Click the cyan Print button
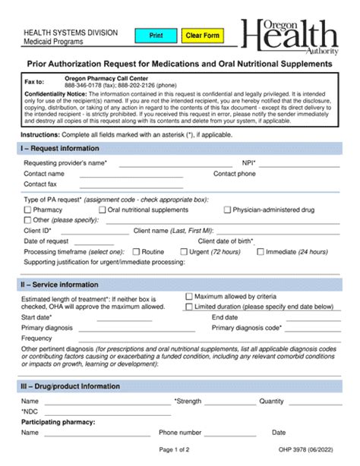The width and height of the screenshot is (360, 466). [x=155, y=36]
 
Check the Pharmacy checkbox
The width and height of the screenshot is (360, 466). [x=28, y=209]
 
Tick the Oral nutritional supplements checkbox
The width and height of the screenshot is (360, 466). [x=102, y=209]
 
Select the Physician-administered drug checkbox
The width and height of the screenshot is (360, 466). [x=227, y=209]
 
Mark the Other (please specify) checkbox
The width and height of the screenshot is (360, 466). [x=28, y=220]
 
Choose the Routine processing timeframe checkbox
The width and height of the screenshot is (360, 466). [x=136, y=251]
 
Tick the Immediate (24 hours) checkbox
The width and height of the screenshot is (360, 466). [x=271, y=251]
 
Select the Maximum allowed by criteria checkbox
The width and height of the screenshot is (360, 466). [x=189, y=296]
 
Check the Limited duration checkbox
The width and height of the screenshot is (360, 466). [x=189, y=307]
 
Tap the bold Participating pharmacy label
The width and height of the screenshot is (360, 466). [x=58, y=421]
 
